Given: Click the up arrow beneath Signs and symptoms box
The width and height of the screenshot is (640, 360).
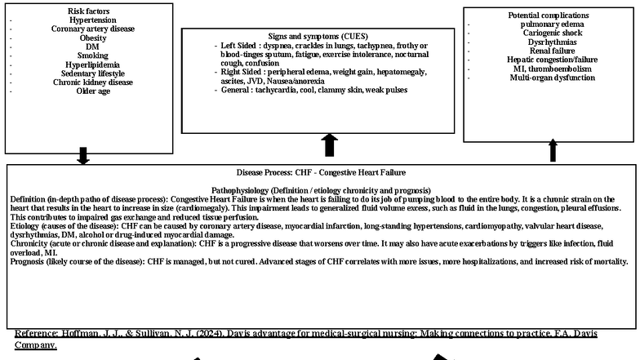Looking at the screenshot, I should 330,145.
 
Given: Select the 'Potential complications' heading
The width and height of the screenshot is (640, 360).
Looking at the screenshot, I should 548,15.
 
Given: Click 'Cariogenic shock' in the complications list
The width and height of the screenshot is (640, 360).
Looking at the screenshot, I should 548,33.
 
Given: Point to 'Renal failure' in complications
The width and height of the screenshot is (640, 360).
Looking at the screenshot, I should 548,51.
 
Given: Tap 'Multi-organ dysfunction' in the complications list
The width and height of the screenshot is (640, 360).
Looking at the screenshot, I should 548,78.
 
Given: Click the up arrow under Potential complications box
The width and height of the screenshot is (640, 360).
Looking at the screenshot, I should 553,150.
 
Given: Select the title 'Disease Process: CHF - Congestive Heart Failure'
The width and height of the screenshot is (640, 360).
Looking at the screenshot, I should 321,173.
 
